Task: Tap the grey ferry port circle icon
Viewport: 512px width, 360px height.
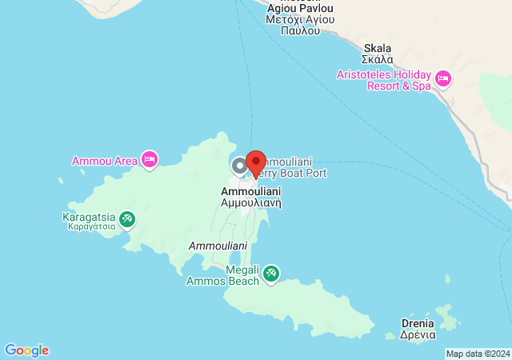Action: click(x=239, y=166)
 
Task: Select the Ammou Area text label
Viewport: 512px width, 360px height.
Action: click(x=105, y=161)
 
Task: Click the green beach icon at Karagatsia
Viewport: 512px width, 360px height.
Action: click(x=126, y=218)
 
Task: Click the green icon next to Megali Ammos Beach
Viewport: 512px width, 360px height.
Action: click(x=271, y=274)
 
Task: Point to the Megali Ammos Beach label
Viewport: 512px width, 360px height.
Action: click(x=223, y=275)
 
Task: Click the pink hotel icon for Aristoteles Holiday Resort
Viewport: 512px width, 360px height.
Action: click(x=443, y=78)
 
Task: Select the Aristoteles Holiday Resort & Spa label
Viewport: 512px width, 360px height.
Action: click(x=385, y=78)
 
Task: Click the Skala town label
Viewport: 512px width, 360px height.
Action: click(x=377, y=47)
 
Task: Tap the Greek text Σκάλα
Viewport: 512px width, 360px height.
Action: click(x=377, y=58)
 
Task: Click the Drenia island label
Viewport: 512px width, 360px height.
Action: click(x=418, y=323)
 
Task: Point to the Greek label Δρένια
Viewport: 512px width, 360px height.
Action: click(x=418, y=334)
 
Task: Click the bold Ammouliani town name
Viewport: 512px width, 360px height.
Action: click(x=250, y=192)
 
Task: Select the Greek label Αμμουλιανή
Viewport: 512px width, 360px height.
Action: click(x=250, y=203)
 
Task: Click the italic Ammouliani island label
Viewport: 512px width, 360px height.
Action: click(x=218, y=245)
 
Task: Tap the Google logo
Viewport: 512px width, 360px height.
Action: click(x=26, y=350)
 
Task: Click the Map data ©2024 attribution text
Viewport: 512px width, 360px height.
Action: click(x=478, y=354)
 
